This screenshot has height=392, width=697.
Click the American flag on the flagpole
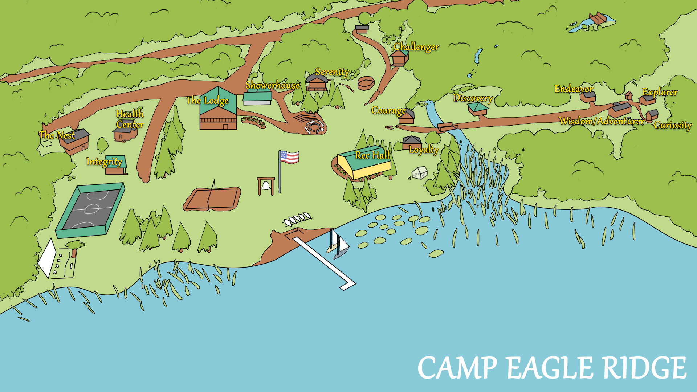pyautogui.click(x=290, y=157)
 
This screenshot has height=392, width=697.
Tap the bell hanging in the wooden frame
pyautogui.click(x=266, y=186)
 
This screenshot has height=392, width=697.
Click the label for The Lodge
pyautogui.click(x=207, y=101)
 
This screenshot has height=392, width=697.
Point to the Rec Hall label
pyautogui.click(x=372, y=155)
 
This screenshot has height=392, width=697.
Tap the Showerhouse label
pyautogui.click(x=273, y=85)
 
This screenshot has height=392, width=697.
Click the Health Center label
pyautogui.click(x=130, y=119)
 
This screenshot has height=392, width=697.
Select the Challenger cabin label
pyautogui.click(x=416, y=47)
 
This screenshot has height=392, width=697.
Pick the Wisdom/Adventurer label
pyautogui.click(x=602, y=121)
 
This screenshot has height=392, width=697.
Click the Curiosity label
pyautogui.click(x=673, y=125)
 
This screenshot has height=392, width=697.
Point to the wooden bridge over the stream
pyautogui.click(x=447, y=127)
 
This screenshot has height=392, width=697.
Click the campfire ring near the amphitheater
pyautogui.click(x=314, y=127)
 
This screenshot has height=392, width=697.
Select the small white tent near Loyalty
pyautogui.click(x=420, y=173)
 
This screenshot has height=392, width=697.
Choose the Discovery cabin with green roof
pyautogui.click(x=477, y=109)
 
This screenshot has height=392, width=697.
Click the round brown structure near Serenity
pyautogui.click(x=366, y=83)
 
